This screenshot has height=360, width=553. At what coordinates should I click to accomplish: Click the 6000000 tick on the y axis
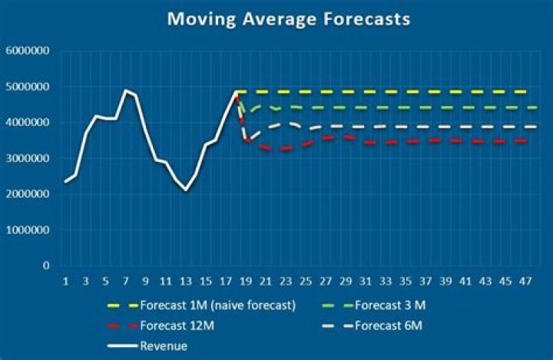[27, 51]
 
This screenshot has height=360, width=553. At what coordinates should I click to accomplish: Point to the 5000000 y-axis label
[27, 87]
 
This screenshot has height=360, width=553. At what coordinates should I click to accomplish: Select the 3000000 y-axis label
[27, 158]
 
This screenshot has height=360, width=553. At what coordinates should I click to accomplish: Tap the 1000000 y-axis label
[27, 230]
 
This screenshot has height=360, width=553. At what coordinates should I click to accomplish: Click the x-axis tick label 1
[66, 281]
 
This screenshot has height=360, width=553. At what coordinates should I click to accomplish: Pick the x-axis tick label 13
[186, 281]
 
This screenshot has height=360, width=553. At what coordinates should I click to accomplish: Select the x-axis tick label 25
[306, 281]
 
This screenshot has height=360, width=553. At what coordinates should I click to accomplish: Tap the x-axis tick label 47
[525, 281]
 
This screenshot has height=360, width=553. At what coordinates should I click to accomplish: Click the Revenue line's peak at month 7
[126, 91]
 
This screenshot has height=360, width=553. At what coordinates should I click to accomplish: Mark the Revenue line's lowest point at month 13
[186, 190]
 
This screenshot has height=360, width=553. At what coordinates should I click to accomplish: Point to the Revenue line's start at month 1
[66, 182]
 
